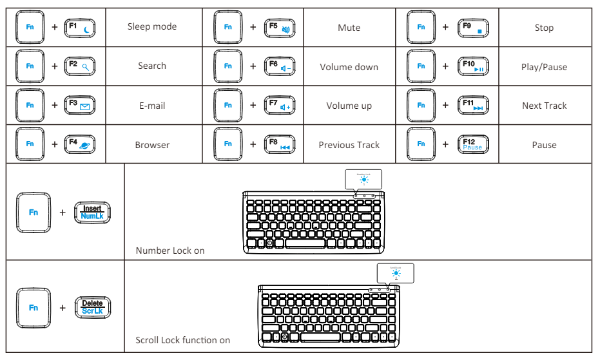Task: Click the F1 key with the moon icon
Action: pyautogui.click(x=80, y=27)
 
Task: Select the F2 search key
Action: pyautogui.click(x=80, y=66)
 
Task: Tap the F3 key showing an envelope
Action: pyautogui.click(x=80, y=105)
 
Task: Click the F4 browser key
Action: pyautogui.click(x=80, y=144)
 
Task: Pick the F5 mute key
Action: pyautogui.click(x=280, y=27)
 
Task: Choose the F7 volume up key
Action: pyautogui.click(x=280, y=105)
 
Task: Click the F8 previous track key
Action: pyautogui.click(x=280, y=144)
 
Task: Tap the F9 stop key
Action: pyautogui.click(x=472, y=27)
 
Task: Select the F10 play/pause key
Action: pyautogui.click(x=472, y=66)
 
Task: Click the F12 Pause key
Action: pyautogui.click(x=472, y=144)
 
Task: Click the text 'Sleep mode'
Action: pyautogui.click(x=152, y=26)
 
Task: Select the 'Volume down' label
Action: pyautogui.click(x=349, y=67)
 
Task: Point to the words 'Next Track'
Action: pyautogui.click(x=544, y=106)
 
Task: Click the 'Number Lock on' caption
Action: pyautogui.click(x=170, y=251)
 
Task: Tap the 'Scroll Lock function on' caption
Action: pyautogui.click(x=182, y=340)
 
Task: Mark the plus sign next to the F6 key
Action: pyautogui.click(x=253, y=66)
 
